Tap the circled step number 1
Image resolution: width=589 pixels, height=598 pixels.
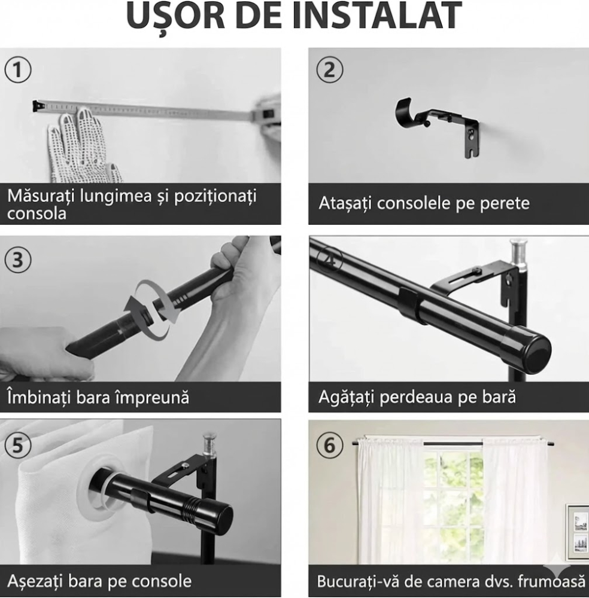(18, 70)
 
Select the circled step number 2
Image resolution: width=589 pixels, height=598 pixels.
(329, 70)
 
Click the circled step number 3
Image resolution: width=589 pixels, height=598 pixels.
(18, 260)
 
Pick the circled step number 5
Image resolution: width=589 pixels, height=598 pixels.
(18, 446)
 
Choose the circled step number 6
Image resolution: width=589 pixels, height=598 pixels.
(329, 446)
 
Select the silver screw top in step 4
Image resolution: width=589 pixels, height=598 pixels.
(518, 249)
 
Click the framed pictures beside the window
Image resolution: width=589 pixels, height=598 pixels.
(577, 532)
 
